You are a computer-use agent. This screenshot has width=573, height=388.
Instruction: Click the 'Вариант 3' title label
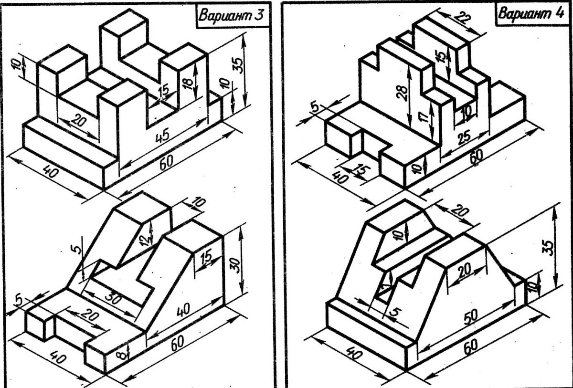231,15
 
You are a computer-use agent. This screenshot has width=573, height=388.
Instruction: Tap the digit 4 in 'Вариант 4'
557,12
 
